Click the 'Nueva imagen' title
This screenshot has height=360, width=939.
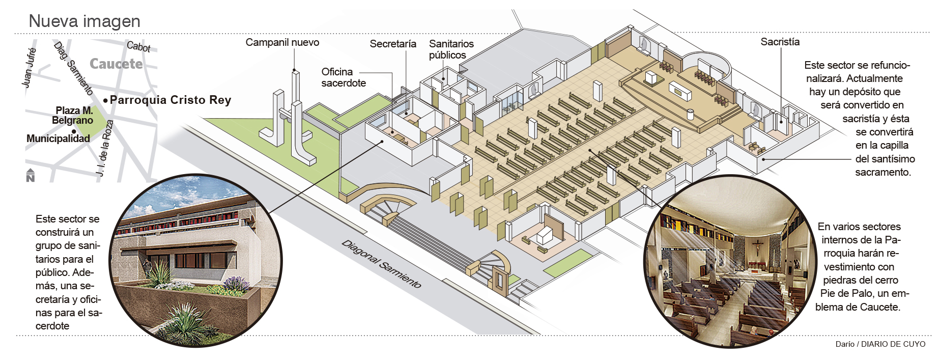click(84, 21)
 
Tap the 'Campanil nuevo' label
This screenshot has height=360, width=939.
click(282, 42)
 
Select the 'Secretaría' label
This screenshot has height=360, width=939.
click(393, 44)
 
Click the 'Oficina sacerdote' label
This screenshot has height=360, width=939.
click(344, 77)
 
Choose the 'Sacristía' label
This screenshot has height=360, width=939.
click(780, 42)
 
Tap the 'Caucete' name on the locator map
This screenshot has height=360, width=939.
click(116, 64)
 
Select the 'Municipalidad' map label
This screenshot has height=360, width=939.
click(58, 139)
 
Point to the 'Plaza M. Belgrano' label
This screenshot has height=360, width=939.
click(73, 115)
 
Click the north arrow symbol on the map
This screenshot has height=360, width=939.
click(31, 175)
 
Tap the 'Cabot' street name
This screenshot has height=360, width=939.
click(138, 46)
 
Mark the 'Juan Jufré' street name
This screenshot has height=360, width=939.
click(29, 67)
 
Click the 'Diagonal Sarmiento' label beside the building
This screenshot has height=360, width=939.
click(381, 264)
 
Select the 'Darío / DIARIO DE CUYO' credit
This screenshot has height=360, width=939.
click(880, 344)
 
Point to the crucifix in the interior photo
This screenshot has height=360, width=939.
click(757, 247)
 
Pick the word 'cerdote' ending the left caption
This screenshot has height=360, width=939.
click(52, 326)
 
